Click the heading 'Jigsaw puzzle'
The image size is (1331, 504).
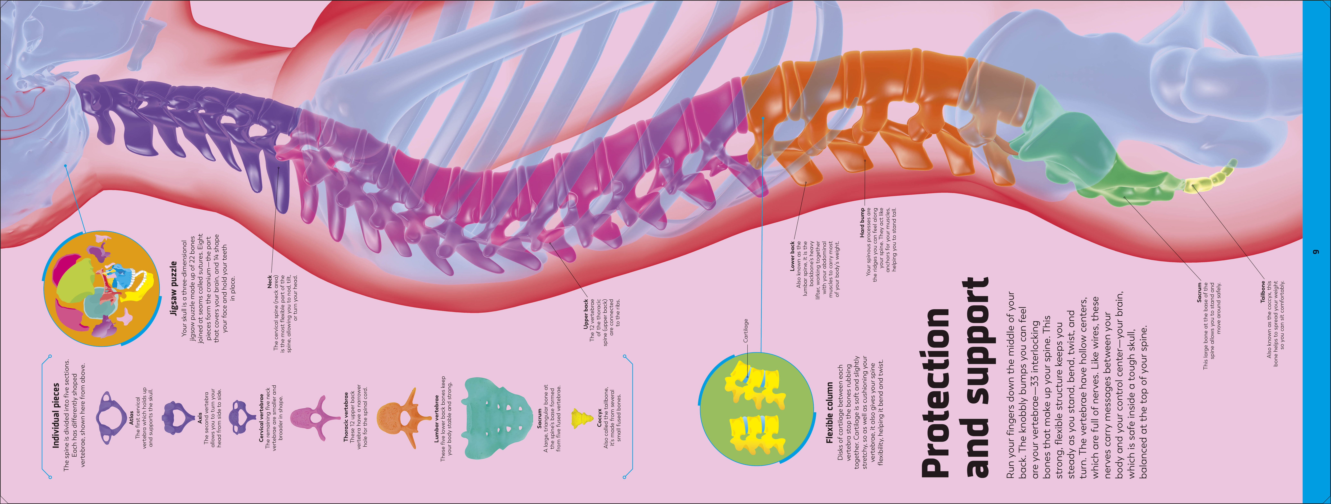(174, 288)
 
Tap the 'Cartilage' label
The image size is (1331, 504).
(746, 330)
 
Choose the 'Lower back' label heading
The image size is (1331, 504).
(792, 256)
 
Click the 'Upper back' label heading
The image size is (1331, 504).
(585, 314)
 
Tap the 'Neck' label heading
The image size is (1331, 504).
(270, 282)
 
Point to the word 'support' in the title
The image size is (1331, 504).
(977, 377)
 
